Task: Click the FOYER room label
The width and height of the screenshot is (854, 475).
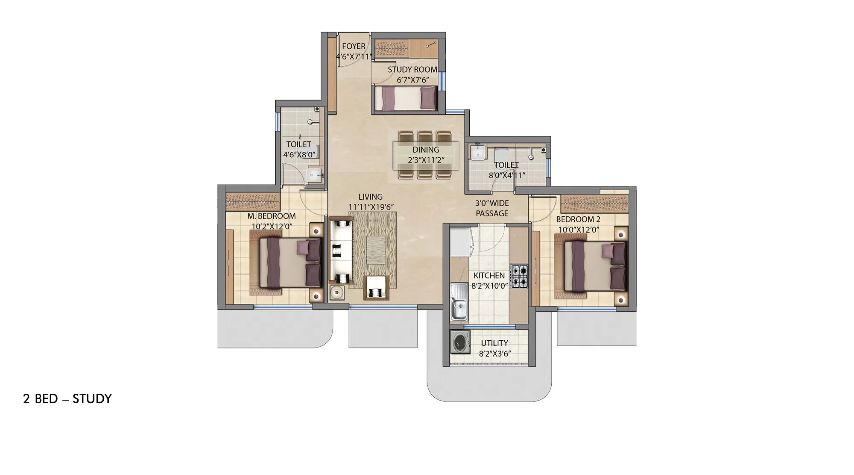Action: [354, 46]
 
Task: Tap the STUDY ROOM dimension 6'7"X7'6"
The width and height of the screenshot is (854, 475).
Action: [412, 80]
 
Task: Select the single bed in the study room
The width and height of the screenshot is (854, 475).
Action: [406, 98]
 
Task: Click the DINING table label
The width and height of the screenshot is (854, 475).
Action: [426, 150]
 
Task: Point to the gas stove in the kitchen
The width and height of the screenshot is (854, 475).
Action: [519, 276]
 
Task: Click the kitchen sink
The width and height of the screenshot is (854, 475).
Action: [459, 307]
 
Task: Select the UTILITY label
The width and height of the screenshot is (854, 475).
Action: [494, 343]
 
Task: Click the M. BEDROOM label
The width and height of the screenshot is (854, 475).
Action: [272, 216]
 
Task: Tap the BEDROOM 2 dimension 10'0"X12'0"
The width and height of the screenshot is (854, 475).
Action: [579, 230]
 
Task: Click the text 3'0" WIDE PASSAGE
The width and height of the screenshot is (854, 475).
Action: [492, 208]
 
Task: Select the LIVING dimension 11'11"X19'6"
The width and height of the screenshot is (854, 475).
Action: [371, 207]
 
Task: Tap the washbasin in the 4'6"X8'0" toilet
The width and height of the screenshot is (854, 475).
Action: [314, 175]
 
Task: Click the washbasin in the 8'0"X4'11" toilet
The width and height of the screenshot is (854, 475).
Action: [477, 152]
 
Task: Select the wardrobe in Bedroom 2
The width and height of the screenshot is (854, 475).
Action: [594, 204]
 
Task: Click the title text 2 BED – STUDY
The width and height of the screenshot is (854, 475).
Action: [67, 399]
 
